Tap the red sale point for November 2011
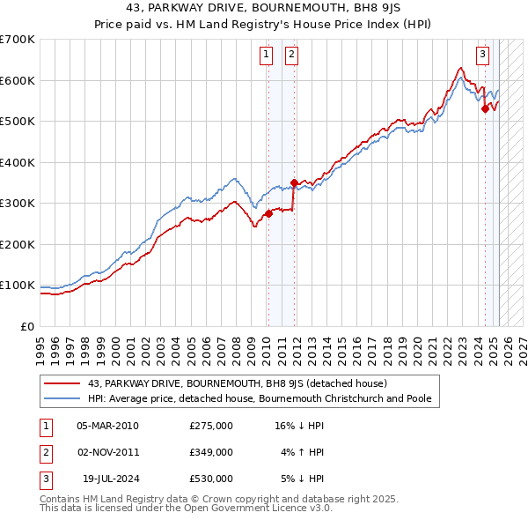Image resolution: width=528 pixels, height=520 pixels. click(294, 183)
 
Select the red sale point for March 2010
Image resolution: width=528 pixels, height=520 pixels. click(268, 213)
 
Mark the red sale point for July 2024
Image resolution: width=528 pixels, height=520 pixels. click(485, 109)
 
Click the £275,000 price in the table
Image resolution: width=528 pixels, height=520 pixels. click(210, 426)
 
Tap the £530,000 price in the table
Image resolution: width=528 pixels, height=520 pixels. click(210, 479)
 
